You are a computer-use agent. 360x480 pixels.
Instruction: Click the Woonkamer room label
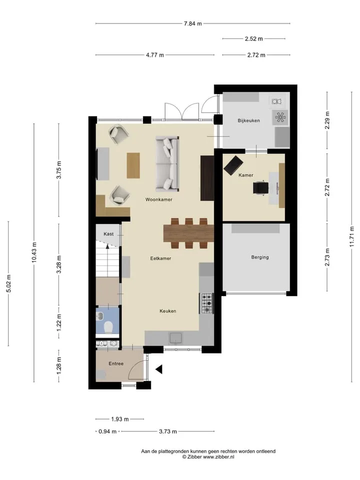[x=158, y=199]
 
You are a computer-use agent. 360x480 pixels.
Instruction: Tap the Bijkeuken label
[x=248, y=120]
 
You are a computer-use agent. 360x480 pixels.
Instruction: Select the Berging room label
[x=260, y=257]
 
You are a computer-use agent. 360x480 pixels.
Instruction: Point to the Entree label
[x=116, y=363]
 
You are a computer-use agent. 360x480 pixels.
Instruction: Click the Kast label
[x=108, y=234]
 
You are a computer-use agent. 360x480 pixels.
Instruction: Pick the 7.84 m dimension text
[x=193, y=23]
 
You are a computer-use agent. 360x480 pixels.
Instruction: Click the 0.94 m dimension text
[x=107, y=431]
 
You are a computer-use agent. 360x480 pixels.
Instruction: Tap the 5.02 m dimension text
[x=8, y=283]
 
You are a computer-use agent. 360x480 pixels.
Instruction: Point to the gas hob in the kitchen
[x=207, y=303]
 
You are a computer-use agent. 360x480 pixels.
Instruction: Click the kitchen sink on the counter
[x=176, y=338]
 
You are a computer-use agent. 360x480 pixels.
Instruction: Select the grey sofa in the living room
[x=167, y=164]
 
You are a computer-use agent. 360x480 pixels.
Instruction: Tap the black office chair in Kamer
[x=261, y=187]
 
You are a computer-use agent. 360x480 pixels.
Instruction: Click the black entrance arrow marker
[x=159, y=369]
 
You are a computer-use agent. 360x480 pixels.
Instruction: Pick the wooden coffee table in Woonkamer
[x=133, y=165]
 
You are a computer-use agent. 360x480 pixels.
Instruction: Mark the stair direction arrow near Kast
[x=107, y=248]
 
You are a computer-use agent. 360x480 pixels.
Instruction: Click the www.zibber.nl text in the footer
[x=219, y=456]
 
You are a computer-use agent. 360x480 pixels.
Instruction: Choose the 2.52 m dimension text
[x=254, y=39]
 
